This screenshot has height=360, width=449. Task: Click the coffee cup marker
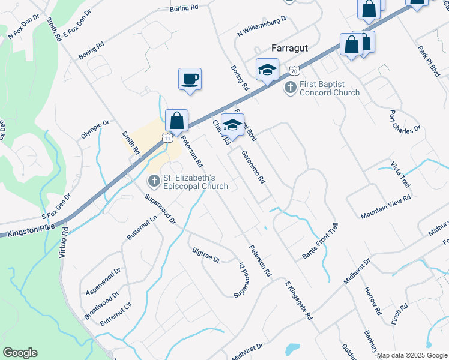click(x=190, y=80)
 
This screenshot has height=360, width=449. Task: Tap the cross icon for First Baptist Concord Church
click(x=290, y=88)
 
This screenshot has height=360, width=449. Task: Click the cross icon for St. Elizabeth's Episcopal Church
click(x=154, y=181)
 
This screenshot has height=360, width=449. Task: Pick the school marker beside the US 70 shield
click(x=267, y=70)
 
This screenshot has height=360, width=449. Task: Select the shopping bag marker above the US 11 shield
click(x=177, y=121)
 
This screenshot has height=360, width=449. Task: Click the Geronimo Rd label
click(x=253, y=175)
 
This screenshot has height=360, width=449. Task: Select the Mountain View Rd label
click(x=385, y=206)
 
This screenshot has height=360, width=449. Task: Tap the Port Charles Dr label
click(x=405, y=125)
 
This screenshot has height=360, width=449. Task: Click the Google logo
click(x=20, y=353)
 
